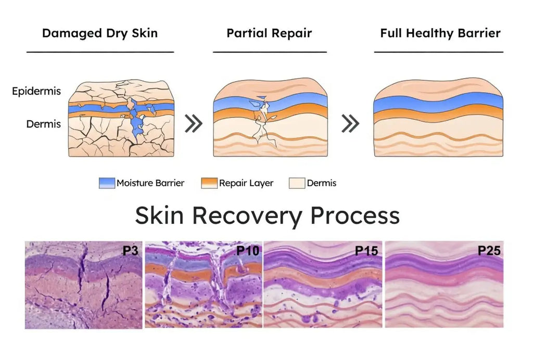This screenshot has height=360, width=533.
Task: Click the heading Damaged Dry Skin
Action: tap(100, 33)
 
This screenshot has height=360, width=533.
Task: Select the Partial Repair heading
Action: tap(269, 33)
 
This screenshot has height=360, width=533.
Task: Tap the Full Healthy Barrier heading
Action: tap(440, 33)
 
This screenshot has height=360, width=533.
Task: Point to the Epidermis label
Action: tap(36, 91)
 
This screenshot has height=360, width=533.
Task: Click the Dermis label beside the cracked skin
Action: tap(44, 124)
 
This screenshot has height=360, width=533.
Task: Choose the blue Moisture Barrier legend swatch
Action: tap(107, 183)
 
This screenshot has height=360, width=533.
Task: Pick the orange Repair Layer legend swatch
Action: tap(209, 183)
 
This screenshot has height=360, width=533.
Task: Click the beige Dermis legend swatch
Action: tap(297, 183)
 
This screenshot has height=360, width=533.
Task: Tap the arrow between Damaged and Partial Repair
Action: tap(194, 123)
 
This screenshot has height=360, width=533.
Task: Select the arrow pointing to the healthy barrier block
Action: tap(350, 123)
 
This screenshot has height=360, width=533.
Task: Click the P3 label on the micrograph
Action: tap(131, 251)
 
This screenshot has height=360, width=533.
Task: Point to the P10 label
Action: tap(248, 251)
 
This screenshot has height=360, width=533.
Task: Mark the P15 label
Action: tap(366, 251)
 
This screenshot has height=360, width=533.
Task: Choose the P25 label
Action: tap(489, 251)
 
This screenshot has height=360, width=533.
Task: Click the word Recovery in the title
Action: tap(247, 216)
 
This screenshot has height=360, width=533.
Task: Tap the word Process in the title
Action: tap(355, 215)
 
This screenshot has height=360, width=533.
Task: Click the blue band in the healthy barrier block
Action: tap(438, 103)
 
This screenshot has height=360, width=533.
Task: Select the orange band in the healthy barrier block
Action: tap(438, 114)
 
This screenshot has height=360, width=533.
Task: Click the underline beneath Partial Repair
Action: tap(270, 52)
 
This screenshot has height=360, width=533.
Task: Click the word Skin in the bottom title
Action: tap(159, 215)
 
